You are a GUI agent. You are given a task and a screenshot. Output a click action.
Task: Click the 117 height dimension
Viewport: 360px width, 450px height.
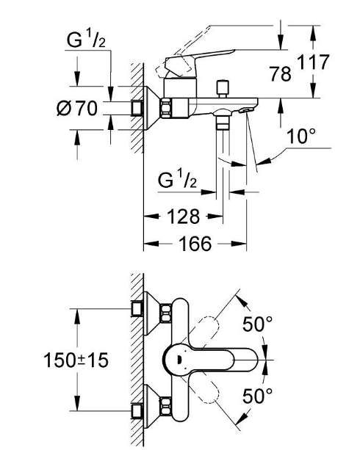tap(313, 62)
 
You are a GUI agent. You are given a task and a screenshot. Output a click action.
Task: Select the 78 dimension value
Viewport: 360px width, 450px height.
tap(280, 73)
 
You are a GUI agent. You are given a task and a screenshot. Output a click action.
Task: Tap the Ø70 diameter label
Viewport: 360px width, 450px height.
tap(77, 109)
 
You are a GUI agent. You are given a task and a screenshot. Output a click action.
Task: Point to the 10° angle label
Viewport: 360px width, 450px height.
tap(300, 136)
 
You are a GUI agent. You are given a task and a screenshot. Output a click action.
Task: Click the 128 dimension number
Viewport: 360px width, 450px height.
tap(183, 217)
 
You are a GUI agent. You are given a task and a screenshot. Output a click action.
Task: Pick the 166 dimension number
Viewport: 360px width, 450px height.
tap(195, 244)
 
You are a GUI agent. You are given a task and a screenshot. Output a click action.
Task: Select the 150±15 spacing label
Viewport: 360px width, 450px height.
tap(76, 360)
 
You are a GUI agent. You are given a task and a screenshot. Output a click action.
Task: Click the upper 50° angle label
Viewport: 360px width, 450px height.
tap(257, 324)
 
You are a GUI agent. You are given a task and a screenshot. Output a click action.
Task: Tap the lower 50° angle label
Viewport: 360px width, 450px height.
tap(257, 396)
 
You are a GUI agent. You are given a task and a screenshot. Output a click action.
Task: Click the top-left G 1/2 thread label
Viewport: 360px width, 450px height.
tap(86, 40)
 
